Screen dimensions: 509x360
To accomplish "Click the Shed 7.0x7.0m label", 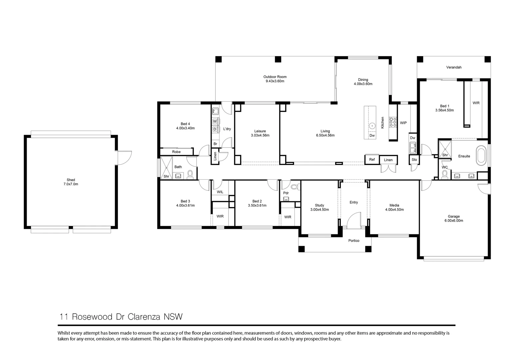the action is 71,182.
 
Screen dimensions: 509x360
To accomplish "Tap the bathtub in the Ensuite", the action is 481,156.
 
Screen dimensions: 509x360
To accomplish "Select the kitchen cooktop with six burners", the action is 393,122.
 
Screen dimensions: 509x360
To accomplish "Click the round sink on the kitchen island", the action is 372,126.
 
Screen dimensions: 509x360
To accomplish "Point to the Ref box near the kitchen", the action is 372,159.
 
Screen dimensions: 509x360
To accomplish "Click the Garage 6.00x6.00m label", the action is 454,218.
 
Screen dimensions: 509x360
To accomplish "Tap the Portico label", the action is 354,241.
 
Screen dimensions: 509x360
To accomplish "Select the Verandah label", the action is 454,67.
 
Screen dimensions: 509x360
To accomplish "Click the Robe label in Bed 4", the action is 176,152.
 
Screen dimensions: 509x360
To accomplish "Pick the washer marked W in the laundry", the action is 215,121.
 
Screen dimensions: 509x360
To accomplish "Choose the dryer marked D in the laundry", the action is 215,129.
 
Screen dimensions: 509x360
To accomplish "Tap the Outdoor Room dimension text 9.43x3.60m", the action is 275,81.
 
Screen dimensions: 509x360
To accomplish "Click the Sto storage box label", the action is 414,160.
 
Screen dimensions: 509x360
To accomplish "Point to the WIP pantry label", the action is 403,123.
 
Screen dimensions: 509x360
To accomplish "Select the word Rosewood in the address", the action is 92,317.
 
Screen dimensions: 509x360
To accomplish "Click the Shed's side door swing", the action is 124,158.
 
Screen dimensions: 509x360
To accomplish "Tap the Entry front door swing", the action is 354,220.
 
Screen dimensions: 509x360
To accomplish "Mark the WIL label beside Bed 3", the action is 220,192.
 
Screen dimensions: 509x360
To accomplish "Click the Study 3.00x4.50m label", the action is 319,207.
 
